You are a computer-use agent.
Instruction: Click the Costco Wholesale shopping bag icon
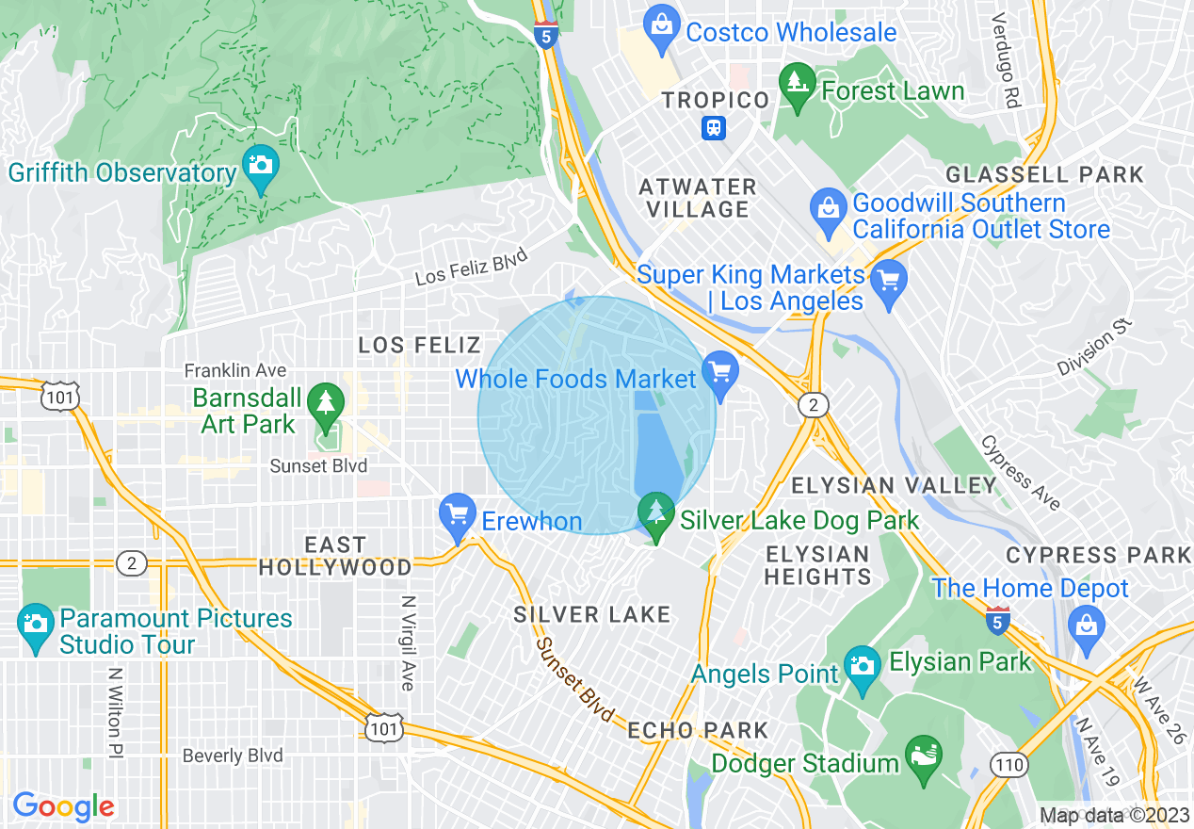[x=662, y=31]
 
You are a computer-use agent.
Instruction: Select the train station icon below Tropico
[x=714, y=128]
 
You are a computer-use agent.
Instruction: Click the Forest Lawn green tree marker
[x=799, y=89]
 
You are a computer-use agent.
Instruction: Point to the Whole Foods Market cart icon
[x=720, y=378]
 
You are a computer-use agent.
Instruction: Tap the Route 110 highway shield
[x=1009, y=764]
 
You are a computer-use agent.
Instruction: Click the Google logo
[x=63, y=807]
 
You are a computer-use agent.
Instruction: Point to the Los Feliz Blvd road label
[x=471, y=268]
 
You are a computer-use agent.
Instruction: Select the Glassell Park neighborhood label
[x=1044, y=174]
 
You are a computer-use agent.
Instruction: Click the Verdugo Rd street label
[x=1007, y=59]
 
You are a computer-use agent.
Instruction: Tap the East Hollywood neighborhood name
[x=335, y=556]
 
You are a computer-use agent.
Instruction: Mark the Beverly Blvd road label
[x=233, y=756]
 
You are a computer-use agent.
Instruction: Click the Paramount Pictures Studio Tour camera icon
[x=36, y=630]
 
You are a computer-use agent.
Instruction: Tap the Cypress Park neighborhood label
[x=1098, y=555]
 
